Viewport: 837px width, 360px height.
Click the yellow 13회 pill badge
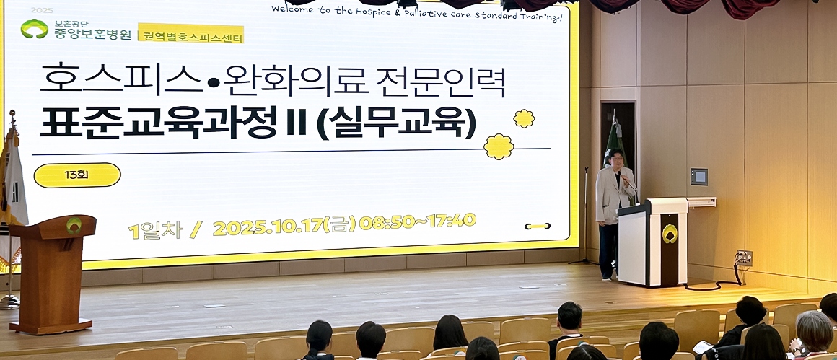pos(77,175)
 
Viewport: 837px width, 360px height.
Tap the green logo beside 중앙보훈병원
pos(34,29)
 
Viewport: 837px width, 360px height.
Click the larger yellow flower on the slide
pos(499,146)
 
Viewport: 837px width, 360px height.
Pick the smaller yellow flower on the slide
pos(523,118)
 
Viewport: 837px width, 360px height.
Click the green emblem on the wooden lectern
pos(74,225)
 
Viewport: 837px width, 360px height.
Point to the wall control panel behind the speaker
pos(698,177)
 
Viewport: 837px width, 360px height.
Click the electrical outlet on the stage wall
pos(744,258)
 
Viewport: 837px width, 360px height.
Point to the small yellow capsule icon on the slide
pos(537,226)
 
